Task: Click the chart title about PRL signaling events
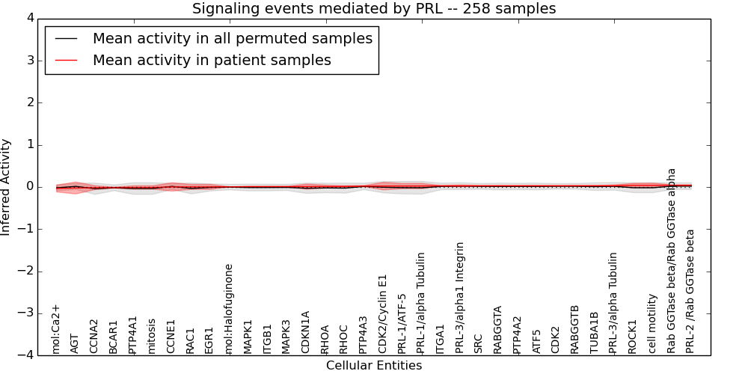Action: coord(374,9)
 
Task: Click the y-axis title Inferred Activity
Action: coord(6,187)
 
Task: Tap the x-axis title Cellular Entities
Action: coord(374,366)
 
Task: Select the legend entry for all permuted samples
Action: coord(232,38)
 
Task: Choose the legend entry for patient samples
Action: coord(212,60)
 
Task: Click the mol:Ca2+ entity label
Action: coord(55,328)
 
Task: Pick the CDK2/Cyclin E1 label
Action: coord(383,313)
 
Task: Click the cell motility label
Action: coord(652,323)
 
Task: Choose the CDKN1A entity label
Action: coord(306,332)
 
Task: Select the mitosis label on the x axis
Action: coord(152,336)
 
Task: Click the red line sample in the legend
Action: coord(66,60)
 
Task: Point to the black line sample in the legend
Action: coord(66,38)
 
